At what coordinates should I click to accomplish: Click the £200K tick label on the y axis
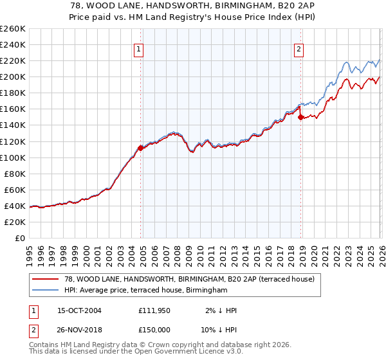pyautogui.click(x=12, y=76)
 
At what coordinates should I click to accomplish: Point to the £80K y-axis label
pyautogui.click(x=14, y=174)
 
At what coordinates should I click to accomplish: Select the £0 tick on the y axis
pyautogui.click(x=19, y=238)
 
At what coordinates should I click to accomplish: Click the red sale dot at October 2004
pyautogui.click(x=140, y=148)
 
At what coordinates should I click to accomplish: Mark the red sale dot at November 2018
pyautogui.click(x=300, y=117)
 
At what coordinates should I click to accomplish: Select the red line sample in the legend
pyautogui.click(x=45, y=279)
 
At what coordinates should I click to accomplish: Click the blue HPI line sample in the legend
pyautogui.click(x=45, y=291)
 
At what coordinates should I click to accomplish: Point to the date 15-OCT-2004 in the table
pyautogui.click(x=80, y=310)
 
